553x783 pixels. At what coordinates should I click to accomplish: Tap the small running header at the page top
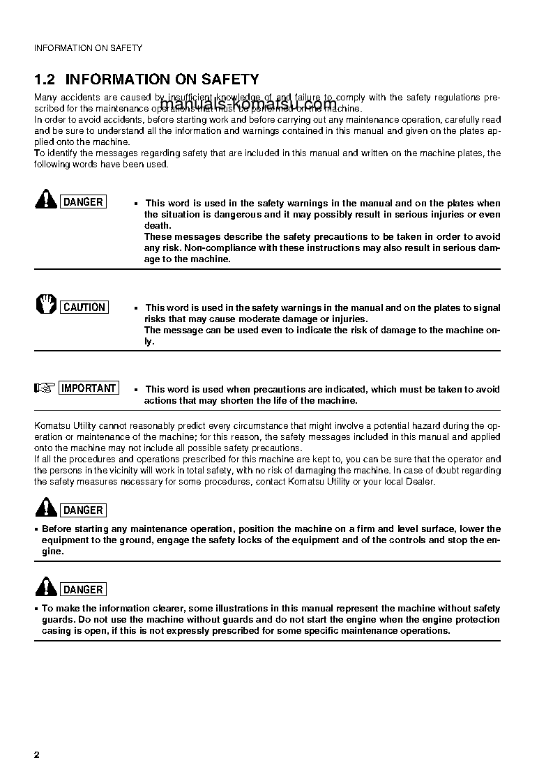[x=88, y=48]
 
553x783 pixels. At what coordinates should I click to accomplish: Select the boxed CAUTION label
[x=84, y=307]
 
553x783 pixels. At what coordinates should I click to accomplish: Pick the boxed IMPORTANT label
[x=89, y=388]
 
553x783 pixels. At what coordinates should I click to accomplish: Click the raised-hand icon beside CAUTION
[x=46, y=305]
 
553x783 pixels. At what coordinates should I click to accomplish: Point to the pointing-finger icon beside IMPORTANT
[x=45, y=388]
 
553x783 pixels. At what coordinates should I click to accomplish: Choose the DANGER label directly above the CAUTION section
[x=83, y=202]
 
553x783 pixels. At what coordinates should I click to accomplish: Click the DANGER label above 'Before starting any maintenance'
[x=83, y=510]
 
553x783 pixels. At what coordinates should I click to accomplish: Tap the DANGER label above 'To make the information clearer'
[x=83, y=590]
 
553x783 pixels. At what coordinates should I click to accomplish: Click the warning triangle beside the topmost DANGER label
[x=46, y=200]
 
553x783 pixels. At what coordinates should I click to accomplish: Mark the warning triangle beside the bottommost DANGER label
[x=46, y=587]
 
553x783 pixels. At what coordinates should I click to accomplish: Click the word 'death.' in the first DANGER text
[x=158, y=226]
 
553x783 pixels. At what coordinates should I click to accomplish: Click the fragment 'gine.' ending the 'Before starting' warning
[x=52, y=552]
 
